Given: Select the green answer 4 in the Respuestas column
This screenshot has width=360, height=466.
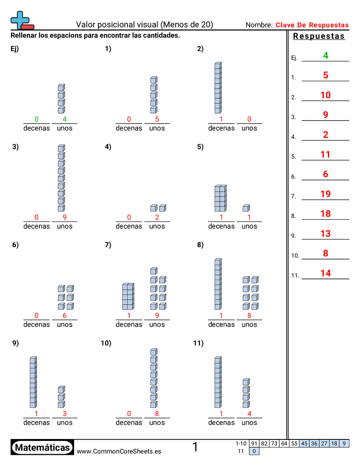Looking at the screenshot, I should click(326, 56).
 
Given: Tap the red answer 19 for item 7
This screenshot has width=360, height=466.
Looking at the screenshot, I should click(326, 194).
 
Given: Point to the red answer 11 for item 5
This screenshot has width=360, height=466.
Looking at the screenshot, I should click(326, 154).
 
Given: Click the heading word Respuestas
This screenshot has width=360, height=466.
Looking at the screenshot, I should click(319, 36).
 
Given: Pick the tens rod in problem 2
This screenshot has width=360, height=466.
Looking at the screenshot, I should click(217, 88).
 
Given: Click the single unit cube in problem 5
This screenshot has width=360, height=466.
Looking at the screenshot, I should click(246, 208).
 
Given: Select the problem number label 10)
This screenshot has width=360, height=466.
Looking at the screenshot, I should click(106, 343).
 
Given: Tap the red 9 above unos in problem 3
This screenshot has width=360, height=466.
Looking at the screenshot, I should click(64, 217).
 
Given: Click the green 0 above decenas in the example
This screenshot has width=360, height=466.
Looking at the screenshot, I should click(37, 119).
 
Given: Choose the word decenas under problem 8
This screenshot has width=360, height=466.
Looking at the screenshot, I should click(221, 324).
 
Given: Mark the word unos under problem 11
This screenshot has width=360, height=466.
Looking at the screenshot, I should click(249, 422).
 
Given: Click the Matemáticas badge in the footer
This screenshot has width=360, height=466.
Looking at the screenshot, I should click(42, 447).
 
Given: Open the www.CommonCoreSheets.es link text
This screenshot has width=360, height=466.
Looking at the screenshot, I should click(119, 451).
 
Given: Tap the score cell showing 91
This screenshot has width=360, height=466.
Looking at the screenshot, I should click(254, 443).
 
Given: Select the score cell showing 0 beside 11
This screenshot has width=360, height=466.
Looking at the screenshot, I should click(255, 451).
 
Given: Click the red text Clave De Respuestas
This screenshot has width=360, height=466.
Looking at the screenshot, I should click(312, 25).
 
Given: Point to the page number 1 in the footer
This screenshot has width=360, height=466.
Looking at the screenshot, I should click(195, 447).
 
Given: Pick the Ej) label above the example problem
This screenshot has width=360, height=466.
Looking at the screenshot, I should click(14, 49).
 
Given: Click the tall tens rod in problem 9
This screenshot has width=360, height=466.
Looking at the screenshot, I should click(33, 382).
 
